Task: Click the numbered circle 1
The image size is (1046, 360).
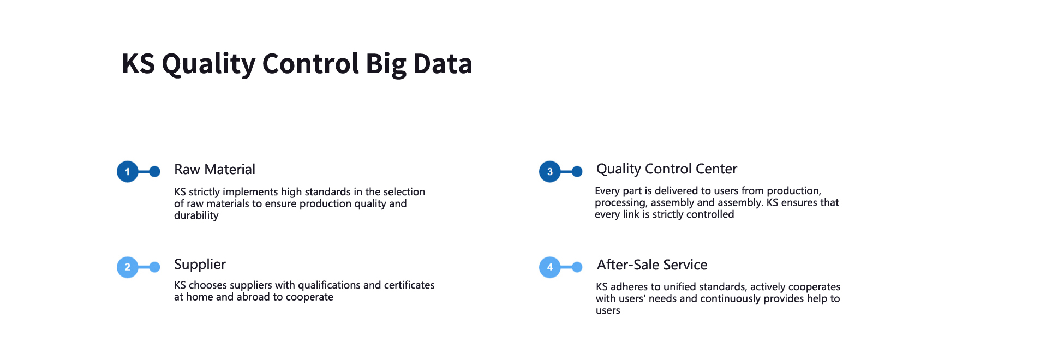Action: (x=128, y=172)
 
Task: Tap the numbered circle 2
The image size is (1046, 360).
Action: (x=128, y=267)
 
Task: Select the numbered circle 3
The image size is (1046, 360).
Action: (x=550, y=172)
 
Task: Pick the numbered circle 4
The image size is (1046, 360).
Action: (x=550, y=267)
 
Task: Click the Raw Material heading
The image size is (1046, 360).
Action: (x=214, y=170)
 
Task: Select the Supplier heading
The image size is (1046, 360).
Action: (x=200, y=265)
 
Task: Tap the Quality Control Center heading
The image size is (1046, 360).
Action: (x=667, y=169)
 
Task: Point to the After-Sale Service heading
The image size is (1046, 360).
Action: (x=652, y=265)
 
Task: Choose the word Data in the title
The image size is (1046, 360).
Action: (x=443, y=64)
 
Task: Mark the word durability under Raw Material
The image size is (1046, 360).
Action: (x=196, y=215)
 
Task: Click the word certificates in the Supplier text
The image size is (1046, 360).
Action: (x=409, y=285)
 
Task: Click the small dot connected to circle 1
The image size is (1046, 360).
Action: (x=154, y=172)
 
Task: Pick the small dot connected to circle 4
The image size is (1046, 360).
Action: (x=577, y=267)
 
